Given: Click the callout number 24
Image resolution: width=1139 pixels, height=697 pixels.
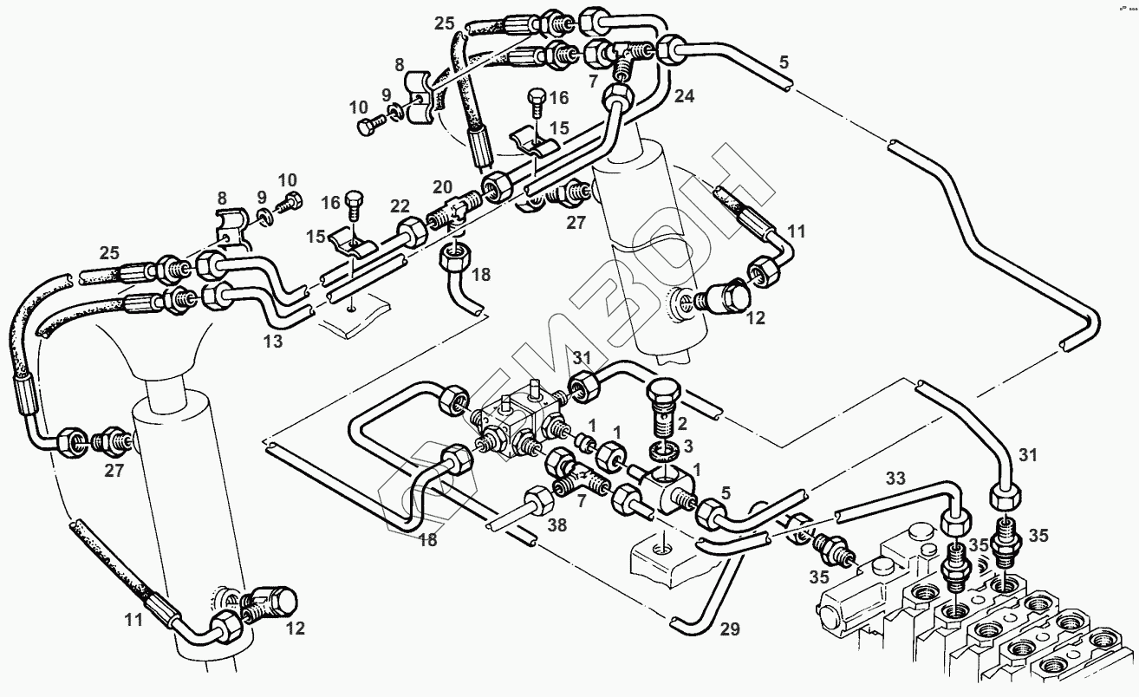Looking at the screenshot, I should coord(685,96).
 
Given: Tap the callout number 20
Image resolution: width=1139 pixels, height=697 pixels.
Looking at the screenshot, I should coord(442,187).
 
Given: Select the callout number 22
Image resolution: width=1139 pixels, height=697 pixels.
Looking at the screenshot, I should coord(399,205).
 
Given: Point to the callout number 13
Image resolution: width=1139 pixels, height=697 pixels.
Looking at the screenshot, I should coord(273,342).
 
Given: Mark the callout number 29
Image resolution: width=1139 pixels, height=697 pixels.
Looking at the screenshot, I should coord(730,629).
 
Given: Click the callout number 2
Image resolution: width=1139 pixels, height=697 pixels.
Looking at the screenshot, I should coord(682,423).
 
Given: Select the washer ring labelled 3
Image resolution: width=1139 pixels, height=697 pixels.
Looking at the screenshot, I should coord(663,453).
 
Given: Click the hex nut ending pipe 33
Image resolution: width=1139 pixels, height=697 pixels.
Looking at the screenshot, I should coord(954,523).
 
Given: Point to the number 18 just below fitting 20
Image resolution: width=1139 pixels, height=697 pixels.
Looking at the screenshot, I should coord(480,274).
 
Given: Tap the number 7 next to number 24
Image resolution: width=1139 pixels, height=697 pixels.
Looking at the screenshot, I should coord(593,81).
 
